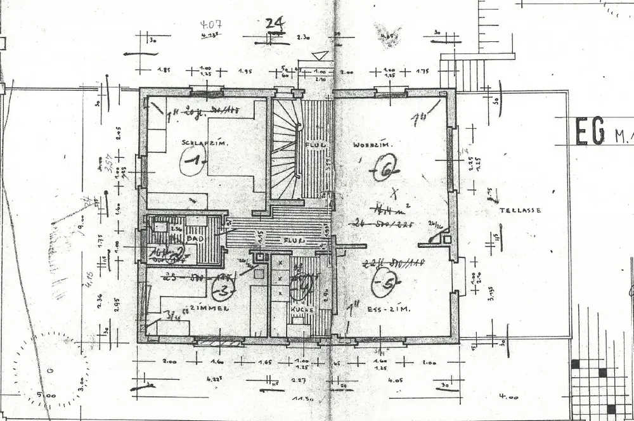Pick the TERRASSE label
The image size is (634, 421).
[521, 210]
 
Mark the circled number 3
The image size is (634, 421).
[223, 291]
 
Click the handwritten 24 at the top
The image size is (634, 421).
[275, 23]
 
